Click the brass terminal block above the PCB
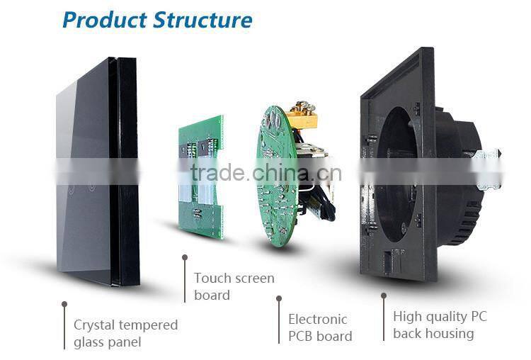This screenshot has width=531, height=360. tap(303, 114)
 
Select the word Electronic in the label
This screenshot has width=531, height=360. tap(318, 319)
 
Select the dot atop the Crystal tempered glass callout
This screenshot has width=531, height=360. tap(64, 304)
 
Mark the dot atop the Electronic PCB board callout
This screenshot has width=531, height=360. tap(279, 298)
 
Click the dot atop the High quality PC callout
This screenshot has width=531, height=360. tap(384, 296)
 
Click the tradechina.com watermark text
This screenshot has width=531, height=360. tap(265, 172)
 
